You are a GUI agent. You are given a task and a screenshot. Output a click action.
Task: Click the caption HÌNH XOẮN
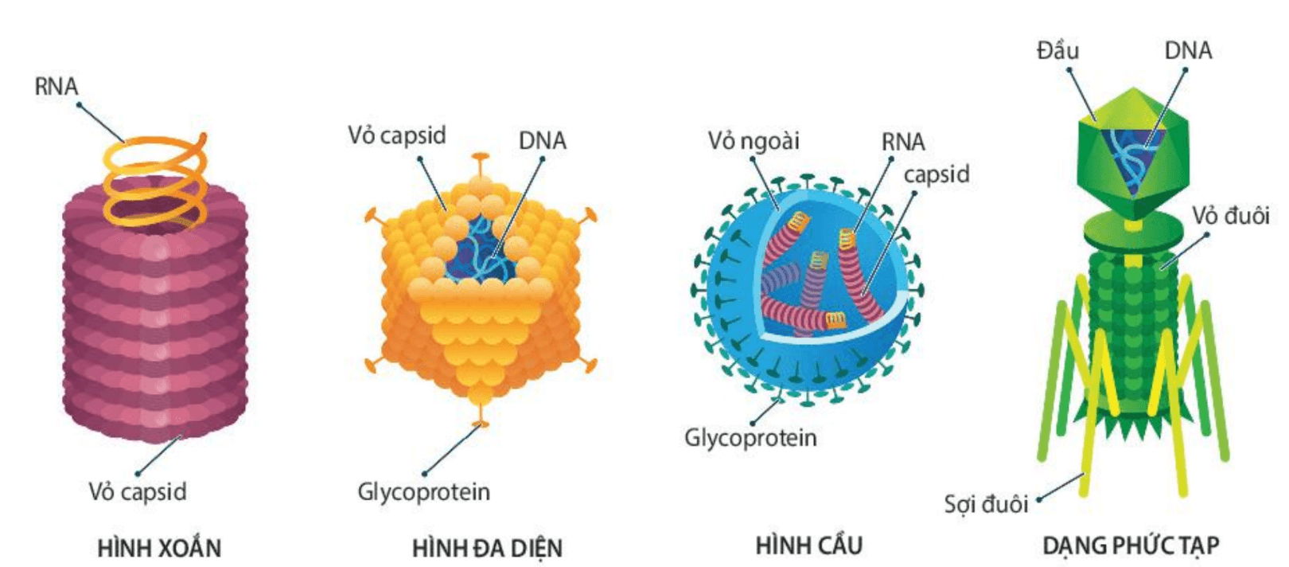pos(159,548)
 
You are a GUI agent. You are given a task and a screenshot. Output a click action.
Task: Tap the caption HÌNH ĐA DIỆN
pos(487,548)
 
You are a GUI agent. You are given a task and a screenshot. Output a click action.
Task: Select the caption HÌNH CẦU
pos(808,545)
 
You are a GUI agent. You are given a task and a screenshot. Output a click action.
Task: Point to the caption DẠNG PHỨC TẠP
pos(1131,545)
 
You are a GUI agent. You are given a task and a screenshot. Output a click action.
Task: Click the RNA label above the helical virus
pos(56,86)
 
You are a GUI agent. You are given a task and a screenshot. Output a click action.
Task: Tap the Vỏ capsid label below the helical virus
pos(138,491)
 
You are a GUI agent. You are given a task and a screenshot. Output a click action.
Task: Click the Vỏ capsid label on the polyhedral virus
pos(396,135)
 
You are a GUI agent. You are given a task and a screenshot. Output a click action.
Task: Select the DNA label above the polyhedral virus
pos(543,141)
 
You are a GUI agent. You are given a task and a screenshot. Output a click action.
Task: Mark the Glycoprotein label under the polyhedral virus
pos(423,491)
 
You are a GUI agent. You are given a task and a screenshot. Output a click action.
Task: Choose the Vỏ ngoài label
pos(754,141)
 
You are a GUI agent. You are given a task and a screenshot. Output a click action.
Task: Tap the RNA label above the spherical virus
pos(903,142)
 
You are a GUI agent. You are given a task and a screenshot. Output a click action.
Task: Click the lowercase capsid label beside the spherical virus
pos(937,174)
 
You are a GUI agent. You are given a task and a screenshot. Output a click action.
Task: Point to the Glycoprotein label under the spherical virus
pos(750,437)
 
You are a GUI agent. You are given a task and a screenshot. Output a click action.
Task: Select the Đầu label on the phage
pos(1057,51)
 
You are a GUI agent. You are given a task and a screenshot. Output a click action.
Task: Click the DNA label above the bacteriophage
pos(1188,51)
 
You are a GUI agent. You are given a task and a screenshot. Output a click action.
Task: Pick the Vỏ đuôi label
pos(1230,216)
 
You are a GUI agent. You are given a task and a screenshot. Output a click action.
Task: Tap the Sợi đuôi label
pos(986,503)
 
